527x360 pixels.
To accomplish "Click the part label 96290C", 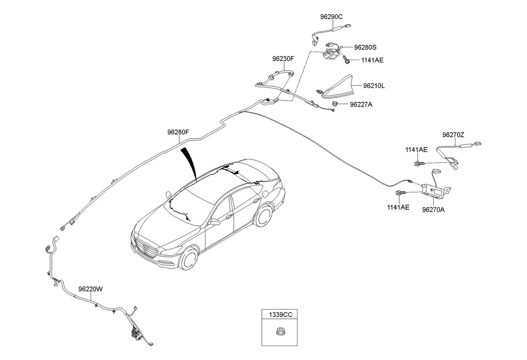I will pyautogui.click(x=331, y=16).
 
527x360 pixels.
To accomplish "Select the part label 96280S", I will pyautogui.click(x=365, y=47).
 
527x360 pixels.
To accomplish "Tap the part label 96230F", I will pyautogui.click(x=283, y=59).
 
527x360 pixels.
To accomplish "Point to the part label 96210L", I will pyautogui.click(x=374, y=86).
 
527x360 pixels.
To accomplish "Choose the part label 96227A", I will pyautogui.click(x=361, y=104).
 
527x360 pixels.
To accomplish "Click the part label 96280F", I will pyautogui.click(x=178, y=132).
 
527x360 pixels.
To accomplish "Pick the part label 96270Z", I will pyautogui.click(x=453, y=135).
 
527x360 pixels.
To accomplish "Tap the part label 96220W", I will pyautogui.click(x=91, y=289).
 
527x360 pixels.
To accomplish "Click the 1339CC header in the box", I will pyautogui.click(x=279, y=314).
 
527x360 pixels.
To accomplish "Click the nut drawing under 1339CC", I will pyautogui.click(x=279, y=331).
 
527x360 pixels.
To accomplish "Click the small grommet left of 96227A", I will pyautogui.click(x=335, y=104).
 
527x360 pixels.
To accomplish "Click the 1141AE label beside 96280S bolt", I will pyautogui.click(x=372, y=60).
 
